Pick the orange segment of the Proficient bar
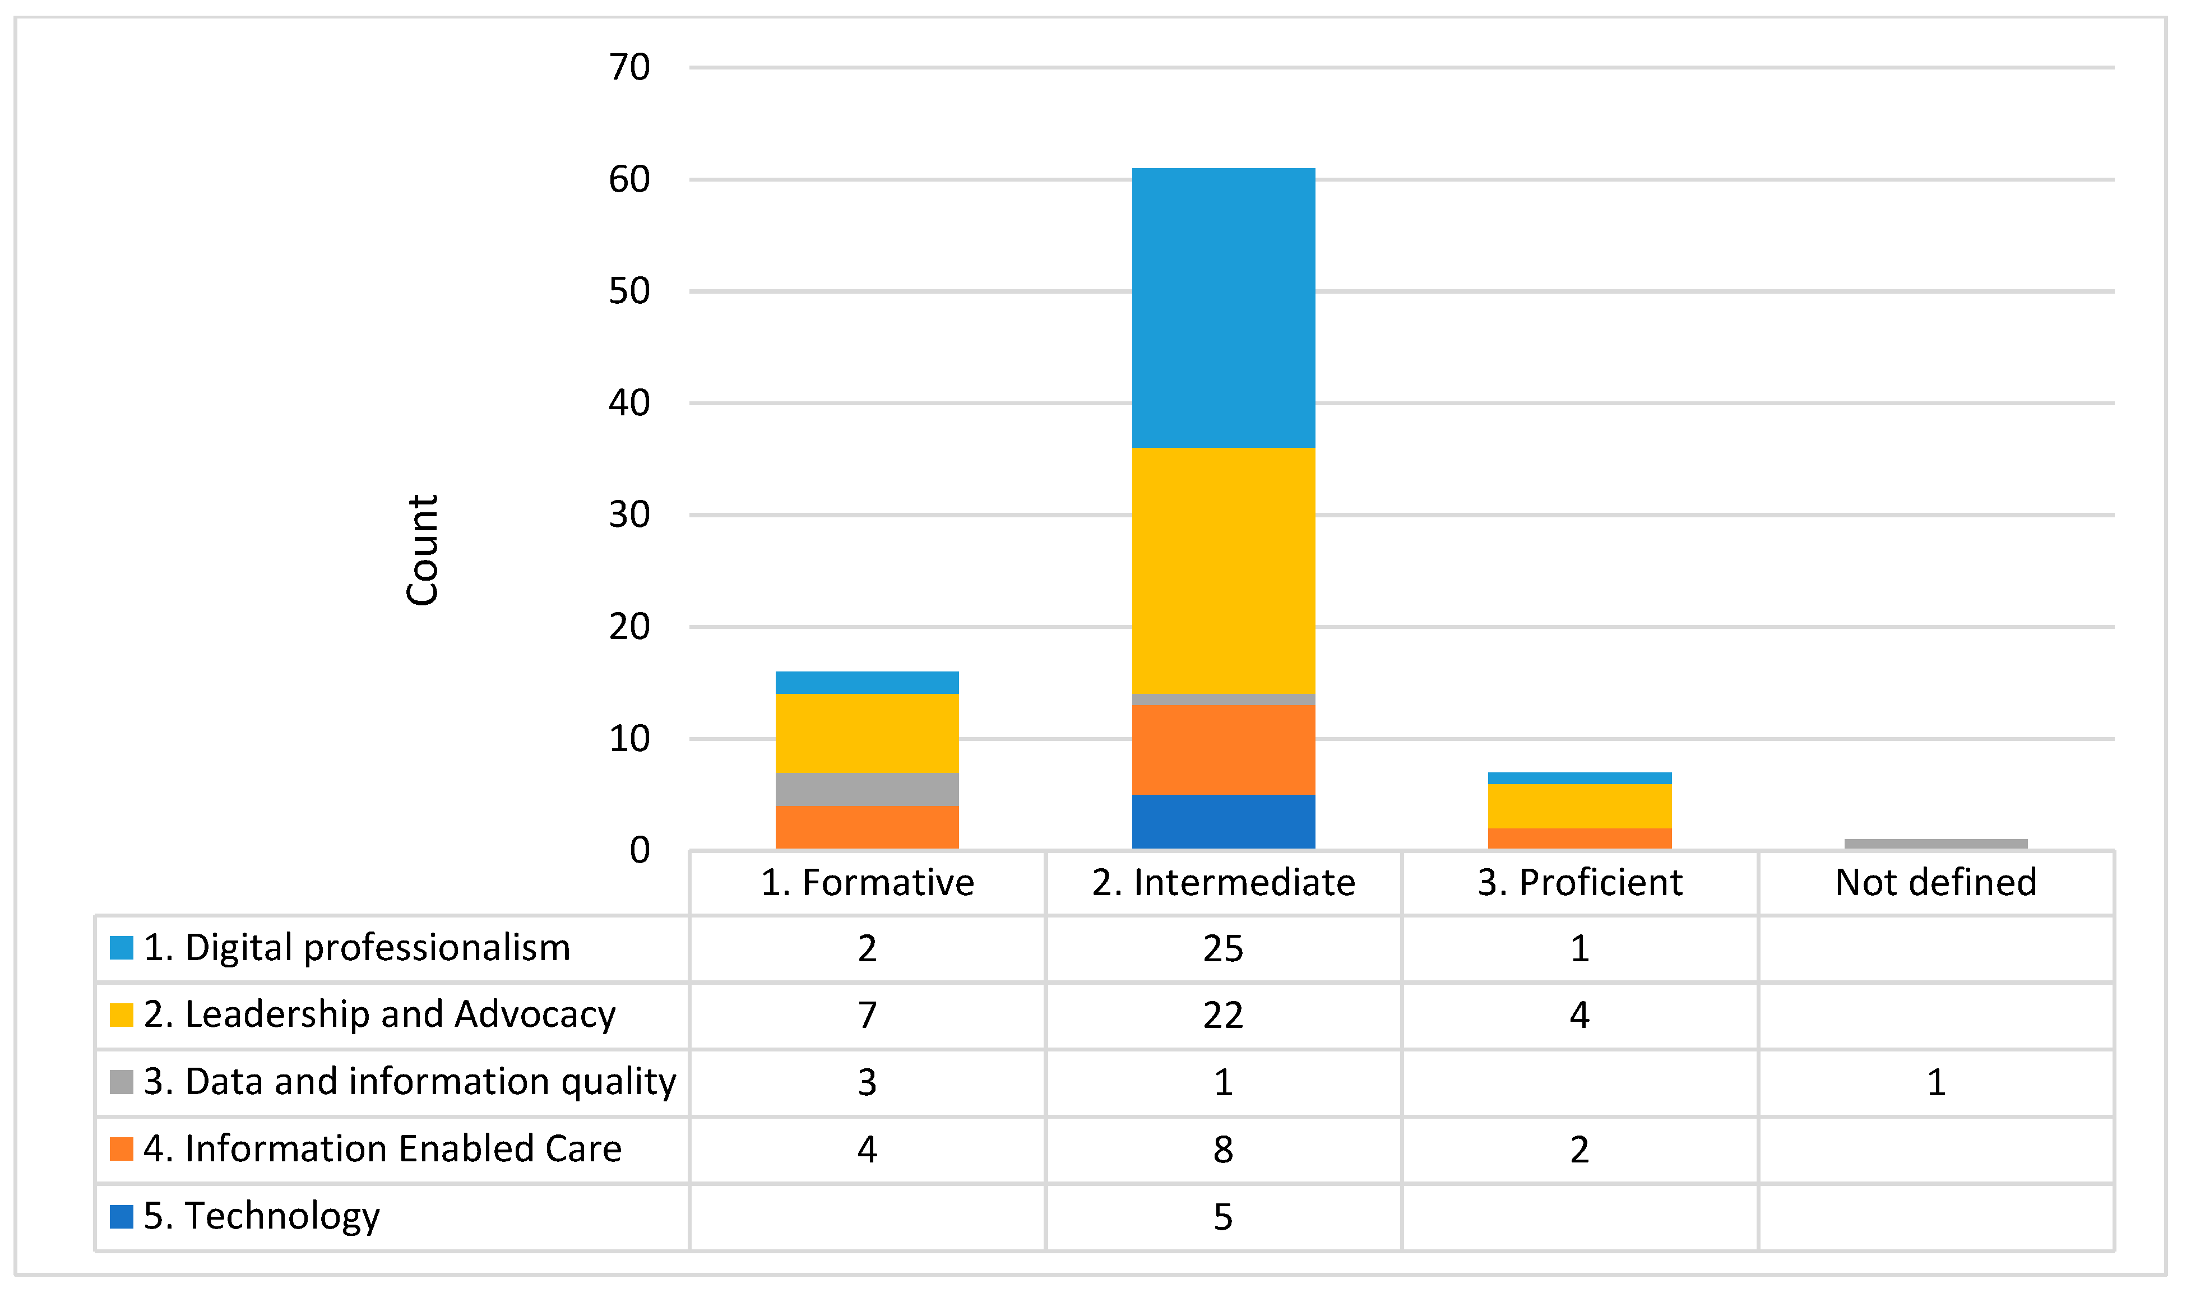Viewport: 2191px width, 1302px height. tap(1579, 838)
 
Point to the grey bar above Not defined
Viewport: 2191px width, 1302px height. tap(1936, 844)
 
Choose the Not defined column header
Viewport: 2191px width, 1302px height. tap(1936, 883)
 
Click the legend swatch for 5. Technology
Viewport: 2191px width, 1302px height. tap(121, 1216)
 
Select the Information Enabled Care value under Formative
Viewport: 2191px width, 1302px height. tap(867, 1150)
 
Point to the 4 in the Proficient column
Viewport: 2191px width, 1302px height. tap(1579, 1015)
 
